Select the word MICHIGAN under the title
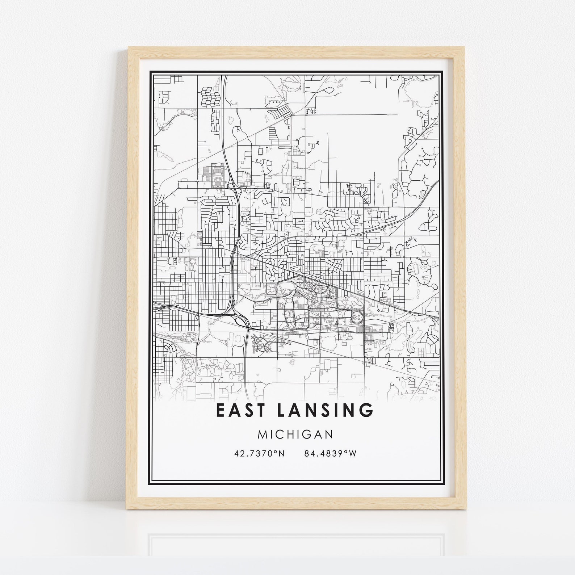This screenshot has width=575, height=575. pos(295,434)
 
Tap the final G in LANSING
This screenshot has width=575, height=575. pos(366,410)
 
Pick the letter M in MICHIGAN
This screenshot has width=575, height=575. pos(262,434)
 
